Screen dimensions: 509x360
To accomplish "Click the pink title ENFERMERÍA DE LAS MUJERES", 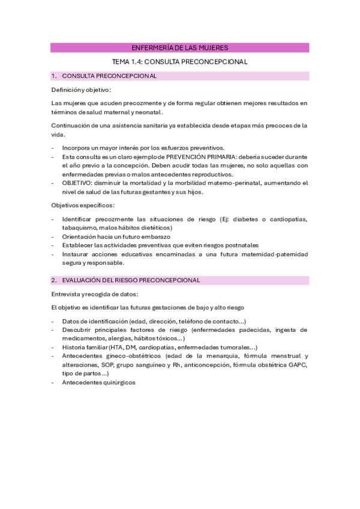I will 179,47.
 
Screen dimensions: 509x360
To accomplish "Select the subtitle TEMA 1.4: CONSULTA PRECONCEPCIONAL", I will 179,61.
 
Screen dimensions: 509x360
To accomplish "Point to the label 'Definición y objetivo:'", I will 81,90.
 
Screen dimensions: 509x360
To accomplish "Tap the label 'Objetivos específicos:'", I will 82,206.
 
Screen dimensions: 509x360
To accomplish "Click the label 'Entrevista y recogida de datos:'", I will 95,294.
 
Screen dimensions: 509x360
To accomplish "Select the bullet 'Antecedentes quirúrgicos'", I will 99,382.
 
